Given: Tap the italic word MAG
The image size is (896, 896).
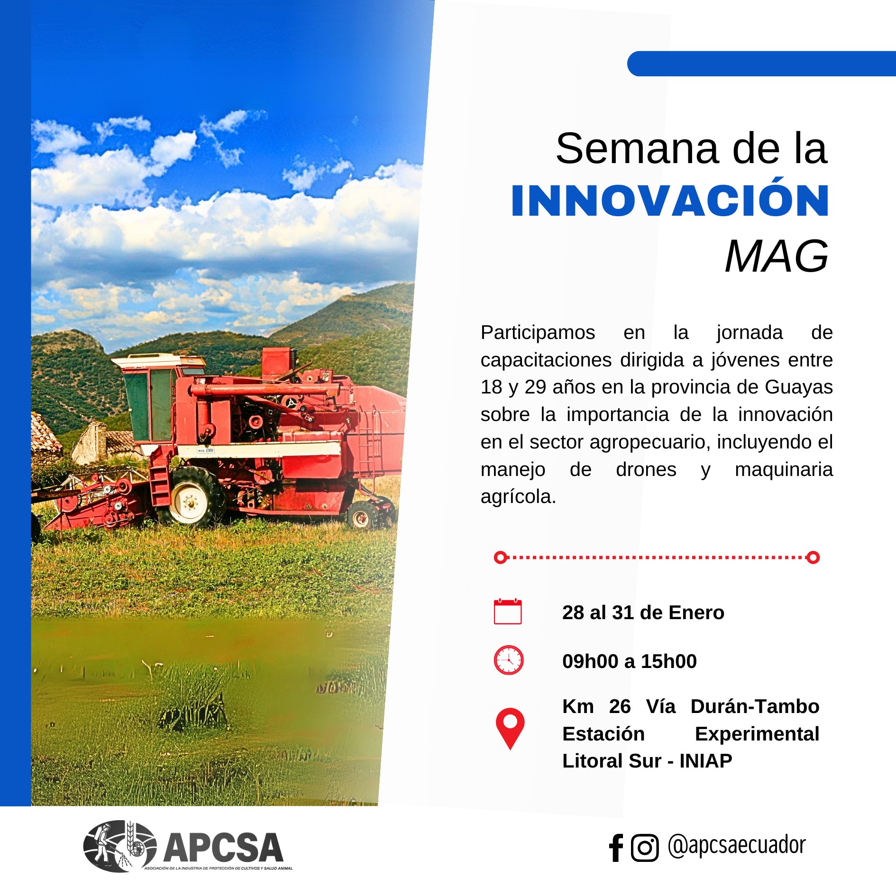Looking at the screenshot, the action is (777, 256).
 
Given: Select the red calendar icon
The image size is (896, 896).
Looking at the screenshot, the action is (508, 612).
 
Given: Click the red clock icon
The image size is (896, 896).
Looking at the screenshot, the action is (509, 660).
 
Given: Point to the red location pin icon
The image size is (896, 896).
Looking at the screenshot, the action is (510, 728).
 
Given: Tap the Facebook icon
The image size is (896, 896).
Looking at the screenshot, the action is (616, 848).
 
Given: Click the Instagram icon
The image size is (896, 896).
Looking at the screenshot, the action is (645, 848).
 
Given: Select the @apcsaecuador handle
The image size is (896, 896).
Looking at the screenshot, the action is (737, 845).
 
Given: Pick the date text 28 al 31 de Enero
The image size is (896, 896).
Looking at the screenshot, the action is (643, 613).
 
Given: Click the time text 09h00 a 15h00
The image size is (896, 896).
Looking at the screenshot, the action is (630, 661).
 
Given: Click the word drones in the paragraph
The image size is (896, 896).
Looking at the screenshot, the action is (646, 469).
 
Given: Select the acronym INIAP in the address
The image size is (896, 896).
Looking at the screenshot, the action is (706, 761).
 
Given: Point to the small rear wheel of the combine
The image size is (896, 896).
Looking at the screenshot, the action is (363, 516).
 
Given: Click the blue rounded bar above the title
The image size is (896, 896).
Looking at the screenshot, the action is (761, 64).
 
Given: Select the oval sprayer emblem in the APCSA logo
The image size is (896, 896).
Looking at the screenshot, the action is (120, 846).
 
